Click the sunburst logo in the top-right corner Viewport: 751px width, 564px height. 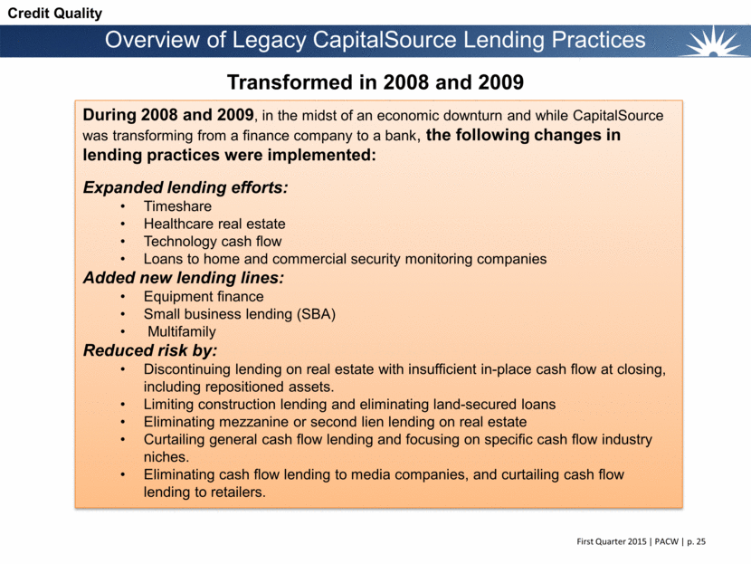click(x=715, y=41)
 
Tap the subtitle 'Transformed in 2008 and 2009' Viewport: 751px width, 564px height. click(x=375, y=82)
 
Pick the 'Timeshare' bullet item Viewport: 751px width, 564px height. click(x=177, y=206)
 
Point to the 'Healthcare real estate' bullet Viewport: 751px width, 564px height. click(x=215, y=224)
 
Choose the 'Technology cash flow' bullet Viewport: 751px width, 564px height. click(x=212, y=241)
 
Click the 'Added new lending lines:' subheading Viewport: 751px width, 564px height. click(x=183, y=277)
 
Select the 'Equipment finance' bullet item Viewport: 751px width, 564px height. click(x=204, y=296)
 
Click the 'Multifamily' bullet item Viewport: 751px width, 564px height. click(x=181, y=331)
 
